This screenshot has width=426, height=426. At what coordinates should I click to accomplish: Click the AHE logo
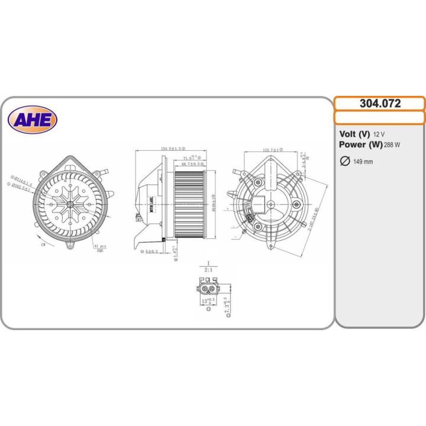[33, 120]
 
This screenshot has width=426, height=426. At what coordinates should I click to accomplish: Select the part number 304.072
[380, 104]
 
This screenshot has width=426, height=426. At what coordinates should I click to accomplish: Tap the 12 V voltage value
[379, 134]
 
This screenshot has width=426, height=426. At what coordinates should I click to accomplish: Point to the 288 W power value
[392, 145]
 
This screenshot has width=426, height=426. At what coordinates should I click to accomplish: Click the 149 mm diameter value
[363, 162]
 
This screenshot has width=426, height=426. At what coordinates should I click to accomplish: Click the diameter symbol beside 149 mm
[344, 161]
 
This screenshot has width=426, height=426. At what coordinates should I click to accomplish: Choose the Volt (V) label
[354, 134]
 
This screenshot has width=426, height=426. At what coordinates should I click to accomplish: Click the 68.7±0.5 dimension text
[192, 164]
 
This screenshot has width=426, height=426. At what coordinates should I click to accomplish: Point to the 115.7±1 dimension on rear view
[272, 150]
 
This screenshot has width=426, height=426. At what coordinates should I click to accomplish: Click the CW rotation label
[44, 243]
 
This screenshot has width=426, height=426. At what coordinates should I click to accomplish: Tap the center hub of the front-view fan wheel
[70, 203]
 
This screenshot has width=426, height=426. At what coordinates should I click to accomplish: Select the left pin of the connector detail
[204, 289]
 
